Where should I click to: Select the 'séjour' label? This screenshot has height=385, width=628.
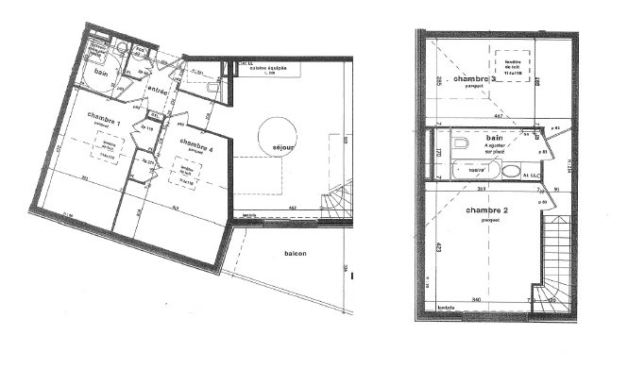coord(283,148)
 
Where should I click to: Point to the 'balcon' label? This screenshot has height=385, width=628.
coord(297,255)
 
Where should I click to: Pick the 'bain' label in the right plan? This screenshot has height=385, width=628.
coord(494,138)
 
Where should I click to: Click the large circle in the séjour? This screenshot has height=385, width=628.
coord(275,133)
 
